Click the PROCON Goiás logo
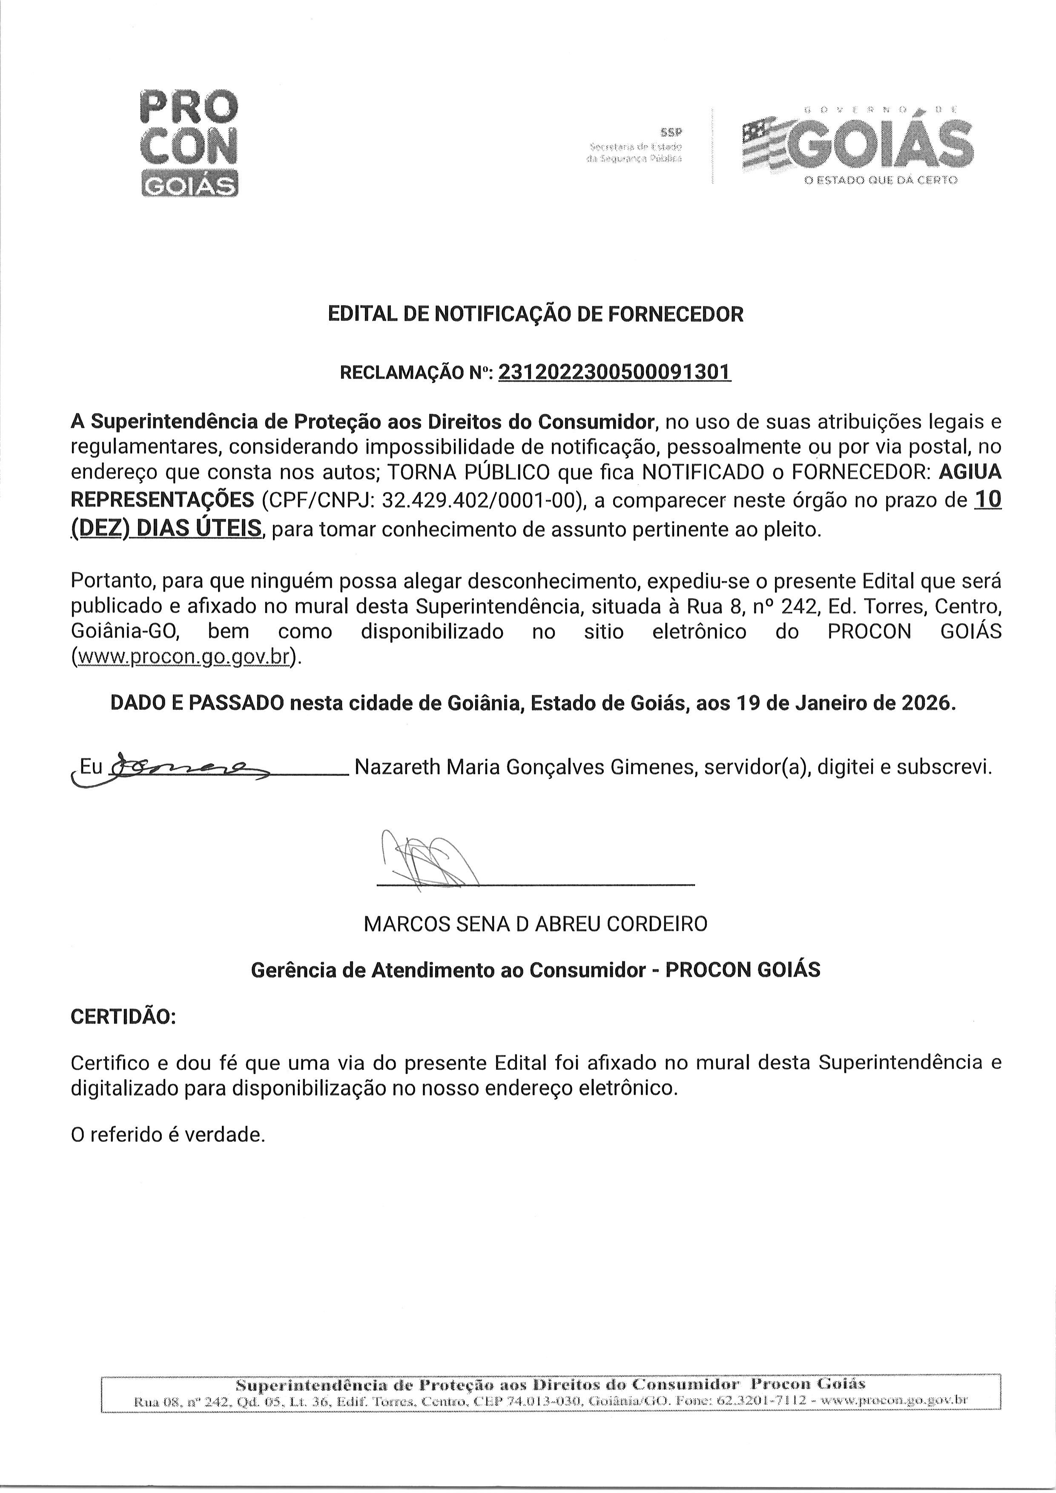coord(189,144)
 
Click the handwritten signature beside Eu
coord(189,768)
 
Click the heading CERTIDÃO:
coord(123,1016)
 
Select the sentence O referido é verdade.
coord(168,1135)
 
